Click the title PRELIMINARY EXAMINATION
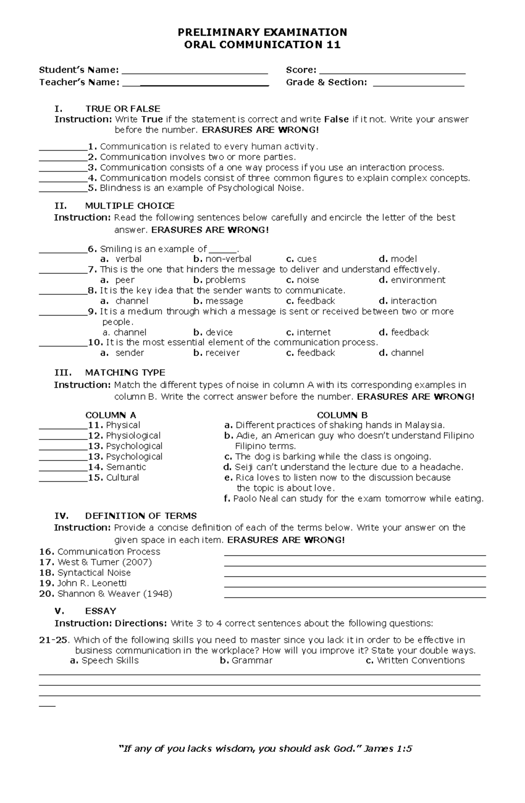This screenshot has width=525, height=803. pos(262,32)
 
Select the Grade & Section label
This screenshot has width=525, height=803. pos(326,82)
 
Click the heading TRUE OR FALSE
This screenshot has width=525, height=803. pos(122,109)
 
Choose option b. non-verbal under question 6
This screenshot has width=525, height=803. pos(222,259)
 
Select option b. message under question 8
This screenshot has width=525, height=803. pos(218,301)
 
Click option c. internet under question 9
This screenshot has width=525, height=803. pos(308,333)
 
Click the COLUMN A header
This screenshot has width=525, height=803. pos(111,415)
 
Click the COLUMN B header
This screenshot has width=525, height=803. pos(342,415)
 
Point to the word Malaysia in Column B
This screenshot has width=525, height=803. pos(424,425)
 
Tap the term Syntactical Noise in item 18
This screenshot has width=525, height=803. pos(94,573)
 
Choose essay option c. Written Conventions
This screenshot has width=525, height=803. pos(415,661)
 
